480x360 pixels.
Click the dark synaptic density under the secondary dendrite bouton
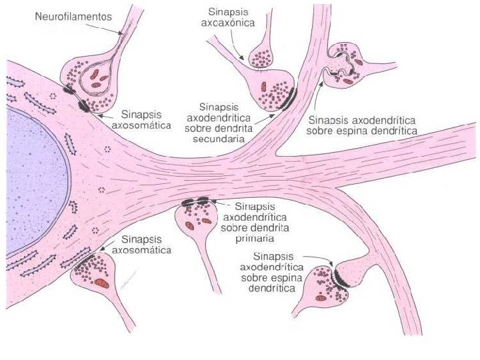290,99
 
